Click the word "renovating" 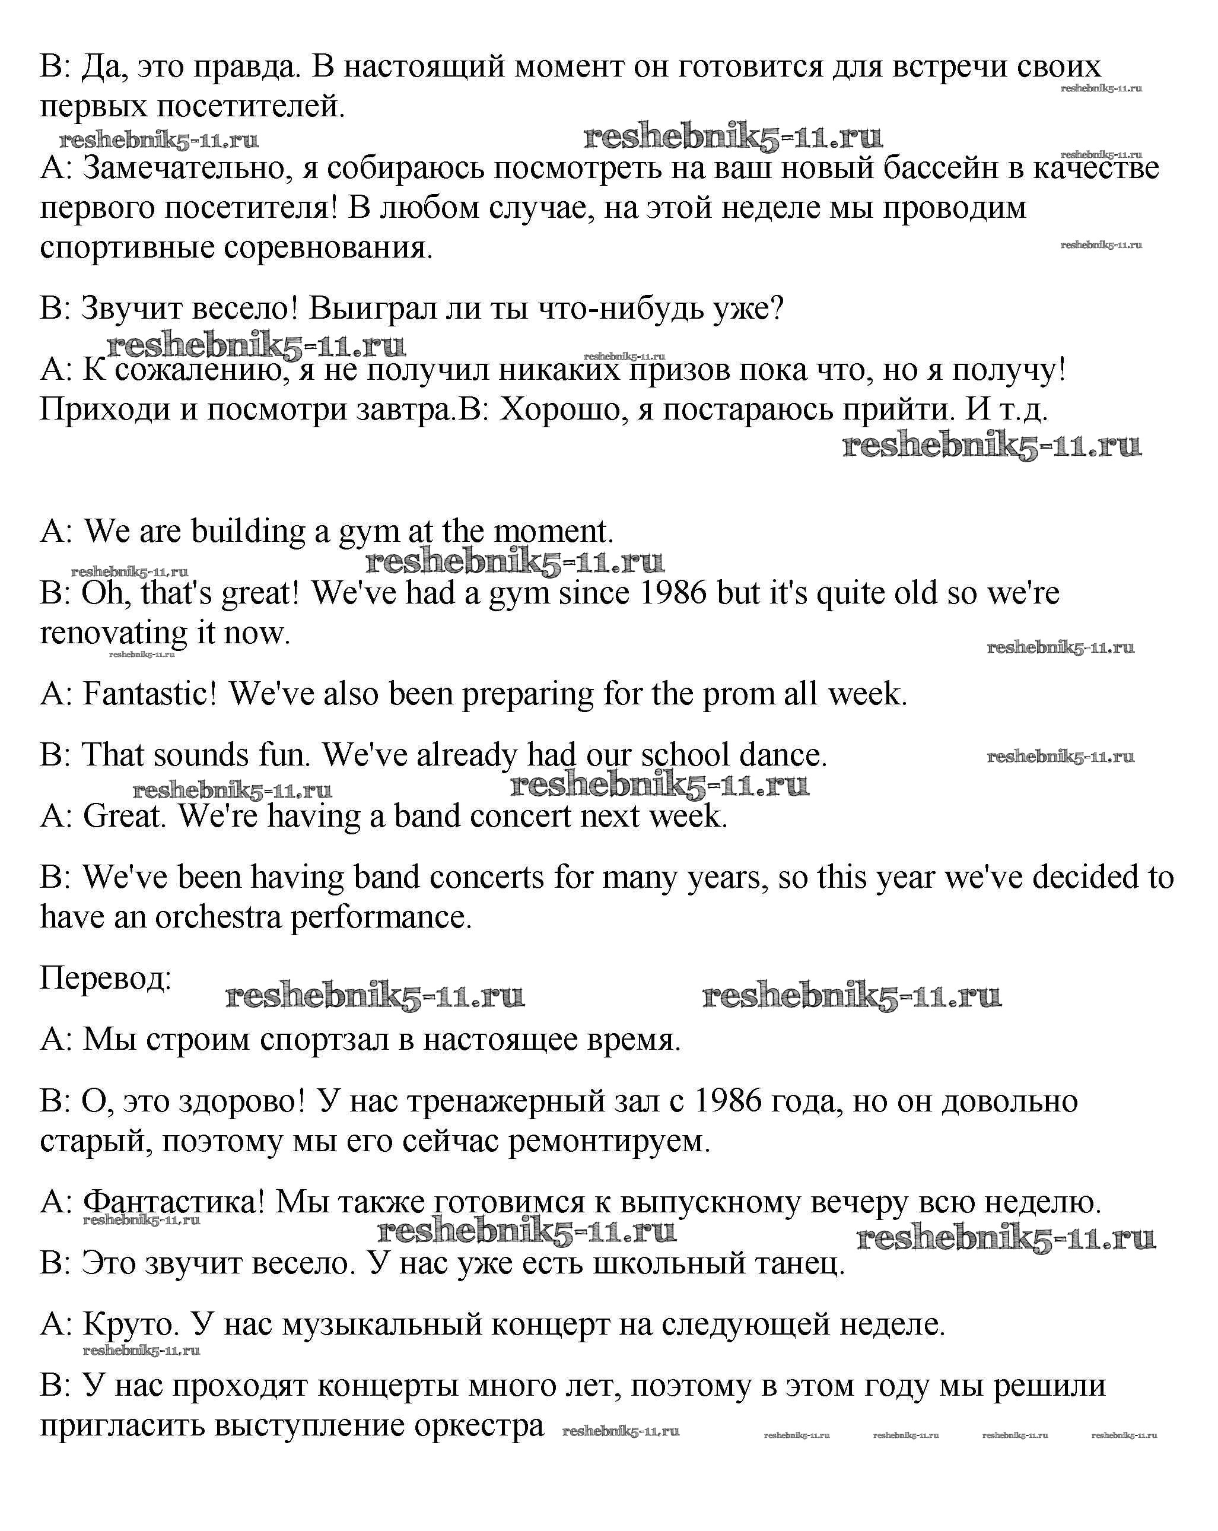tap(113, 633)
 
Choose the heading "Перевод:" tap(106, 978)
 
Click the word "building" tap(249, 531)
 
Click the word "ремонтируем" tap(609, 1141)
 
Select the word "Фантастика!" tap(174, 1202)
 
